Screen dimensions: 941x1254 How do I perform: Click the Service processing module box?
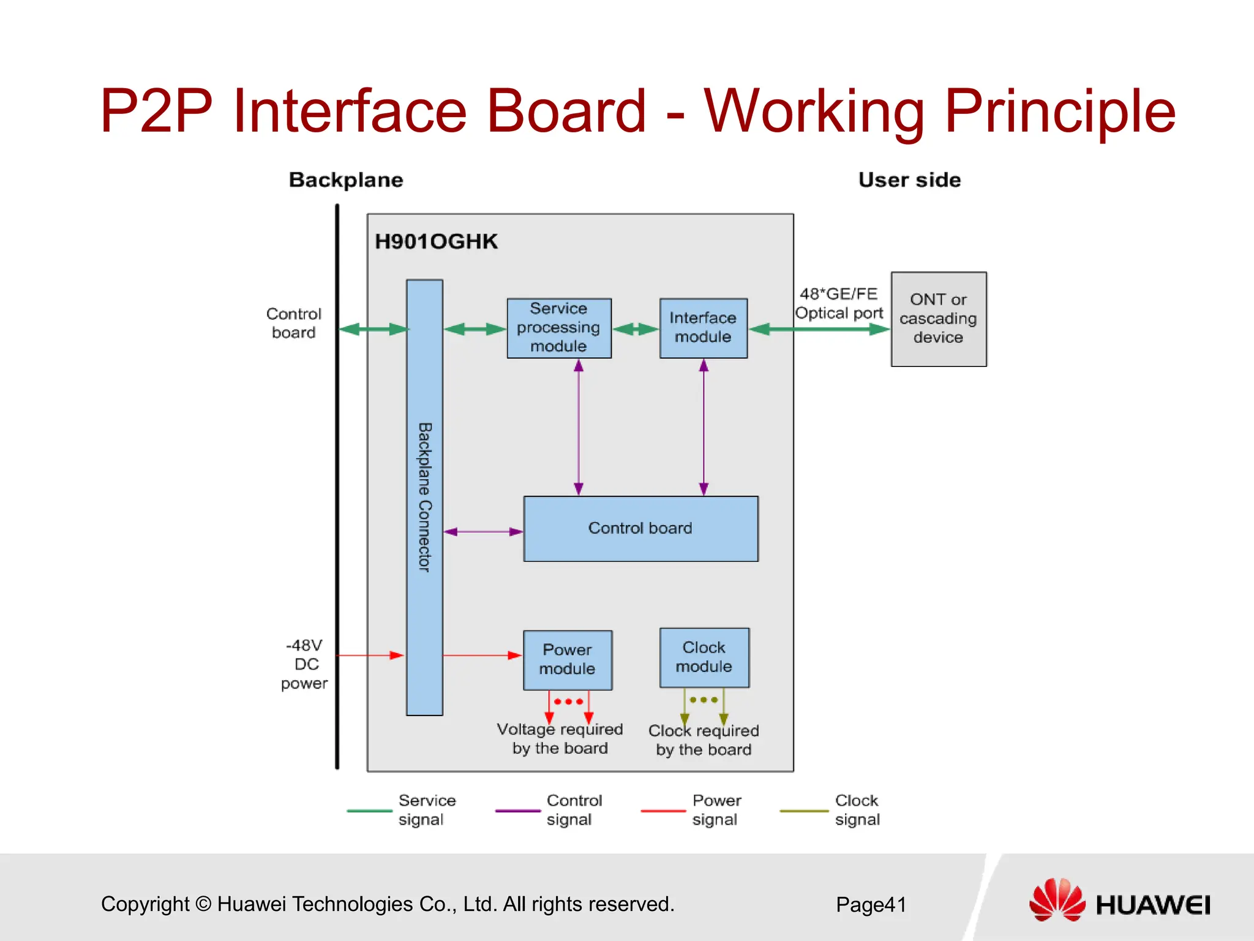click(558, 328)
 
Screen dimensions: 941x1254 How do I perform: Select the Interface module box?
click(703, 328)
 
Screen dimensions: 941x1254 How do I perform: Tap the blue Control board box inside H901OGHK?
click(640, 528)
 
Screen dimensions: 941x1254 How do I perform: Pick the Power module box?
click(567, 660)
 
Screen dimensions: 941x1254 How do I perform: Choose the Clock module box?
click(704, 657)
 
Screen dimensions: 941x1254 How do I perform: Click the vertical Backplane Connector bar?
click(424, 497)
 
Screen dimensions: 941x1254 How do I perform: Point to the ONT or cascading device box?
click(938, 319)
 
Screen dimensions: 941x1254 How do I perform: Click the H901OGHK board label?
click(436, 241)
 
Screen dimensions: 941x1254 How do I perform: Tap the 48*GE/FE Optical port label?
click(839, 303)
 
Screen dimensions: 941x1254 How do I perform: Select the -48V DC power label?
click(304, 664)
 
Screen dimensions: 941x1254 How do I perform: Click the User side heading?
click(909, 180)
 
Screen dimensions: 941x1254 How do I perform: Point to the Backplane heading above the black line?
click(346, 180)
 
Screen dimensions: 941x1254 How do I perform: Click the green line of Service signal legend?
click(369, 811)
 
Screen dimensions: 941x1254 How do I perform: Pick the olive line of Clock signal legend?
click(803, 811)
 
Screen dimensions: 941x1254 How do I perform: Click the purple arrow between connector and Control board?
click(483, 532)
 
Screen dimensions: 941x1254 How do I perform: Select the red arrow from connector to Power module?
click(482, 656)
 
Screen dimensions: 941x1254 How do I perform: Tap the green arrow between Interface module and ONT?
click(819, 330)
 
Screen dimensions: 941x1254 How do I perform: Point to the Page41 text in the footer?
click(871, 904)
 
